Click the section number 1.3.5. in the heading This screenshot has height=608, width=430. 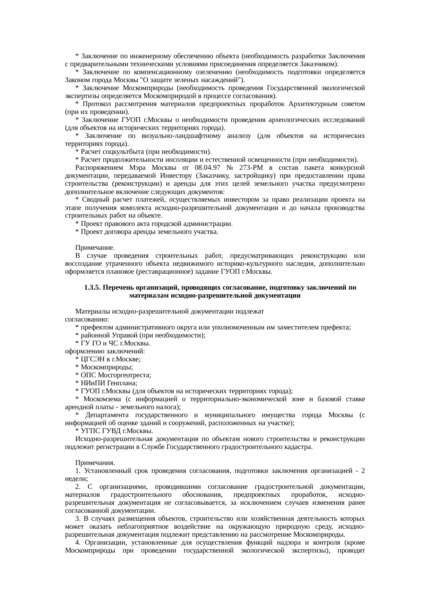(x=92, y=288)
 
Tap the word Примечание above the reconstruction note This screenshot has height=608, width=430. (x=94, y=248)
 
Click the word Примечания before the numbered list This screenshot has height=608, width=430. (x=95, y=463)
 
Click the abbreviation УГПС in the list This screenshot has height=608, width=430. (x=90, y=431)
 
